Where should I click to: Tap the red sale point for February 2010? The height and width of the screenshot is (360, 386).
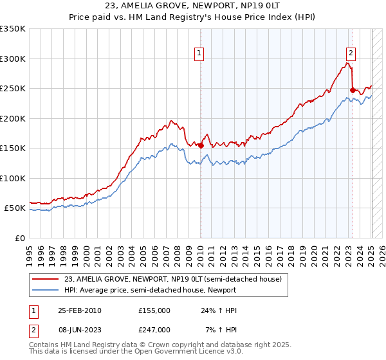coord(201,145)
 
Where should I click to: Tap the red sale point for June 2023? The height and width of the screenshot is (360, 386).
coord(353,90)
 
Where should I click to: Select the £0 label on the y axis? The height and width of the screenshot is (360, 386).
coord(19,238)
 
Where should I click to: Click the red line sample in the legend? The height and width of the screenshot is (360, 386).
coord(46,280)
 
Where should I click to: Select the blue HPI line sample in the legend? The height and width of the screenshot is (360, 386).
coord(46,291)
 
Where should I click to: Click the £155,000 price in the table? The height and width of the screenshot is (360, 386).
coord(154,310)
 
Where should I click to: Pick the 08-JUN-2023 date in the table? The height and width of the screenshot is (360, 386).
coord(80,329)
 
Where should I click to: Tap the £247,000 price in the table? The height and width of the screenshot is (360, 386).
coord(154,329)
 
